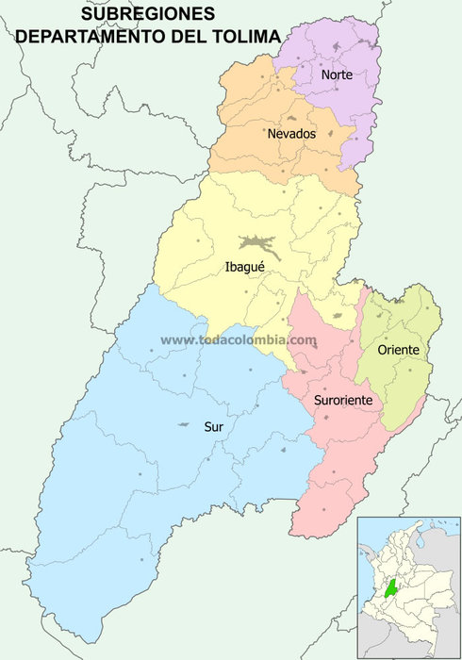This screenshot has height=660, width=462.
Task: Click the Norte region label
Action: point(337,74)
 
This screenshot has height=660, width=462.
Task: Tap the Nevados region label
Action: point(291,134)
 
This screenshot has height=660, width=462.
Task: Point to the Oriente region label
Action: point(399,350)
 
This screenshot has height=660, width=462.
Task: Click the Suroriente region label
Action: point(344,401)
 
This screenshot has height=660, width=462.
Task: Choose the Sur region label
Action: point(214,426)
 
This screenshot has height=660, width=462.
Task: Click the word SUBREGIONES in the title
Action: point(148,14)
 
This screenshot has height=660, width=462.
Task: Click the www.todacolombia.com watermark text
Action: point(239,340)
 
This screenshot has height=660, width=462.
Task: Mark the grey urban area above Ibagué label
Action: point(256,244)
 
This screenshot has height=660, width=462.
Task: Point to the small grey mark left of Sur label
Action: point(182,426)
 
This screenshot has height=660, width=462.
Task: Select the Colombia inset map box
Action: point(408,586)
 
